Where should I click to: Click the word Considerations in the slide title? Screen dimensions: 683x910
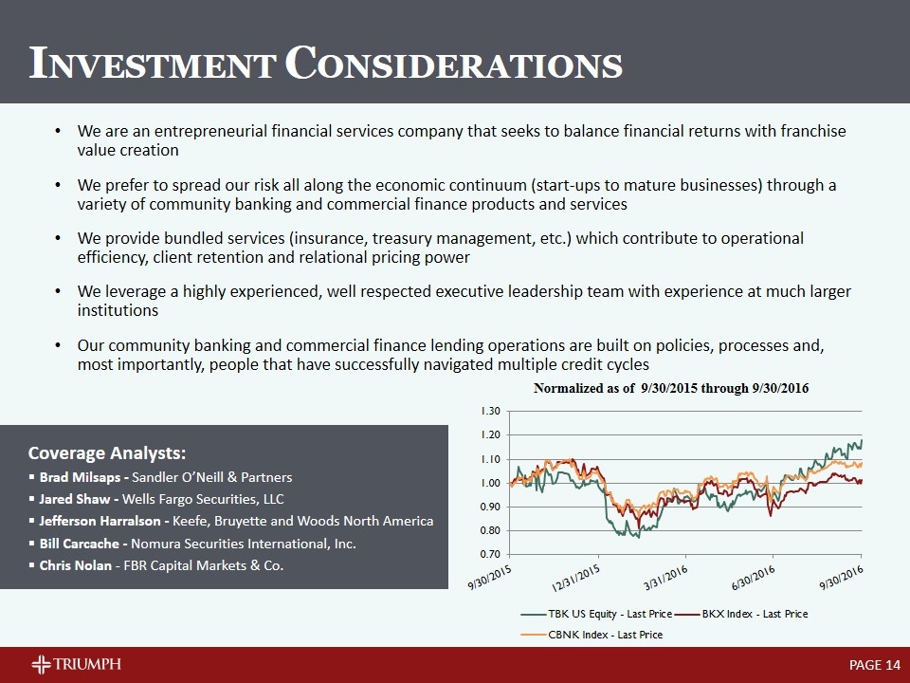point(454,64)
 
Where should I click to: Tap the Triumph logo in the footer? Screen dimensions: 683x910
point(76,664)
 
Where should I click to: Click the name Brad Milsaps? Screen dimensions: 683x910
point(82,477)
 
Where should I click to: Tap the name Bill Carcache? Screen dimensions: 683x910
point(82,544)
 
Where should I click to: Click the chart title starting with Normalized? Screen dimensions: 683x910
point(671,389)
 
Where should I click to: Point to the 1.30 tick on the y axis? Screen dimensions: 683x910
point(491,411)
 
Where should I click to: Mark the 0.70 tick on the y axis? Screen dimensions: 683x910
point(491,554)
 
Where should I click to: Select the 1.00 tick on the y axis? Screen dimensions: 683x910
point(491,483)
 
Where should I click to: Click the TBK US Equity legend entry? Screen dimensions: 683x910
point(601,615)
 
